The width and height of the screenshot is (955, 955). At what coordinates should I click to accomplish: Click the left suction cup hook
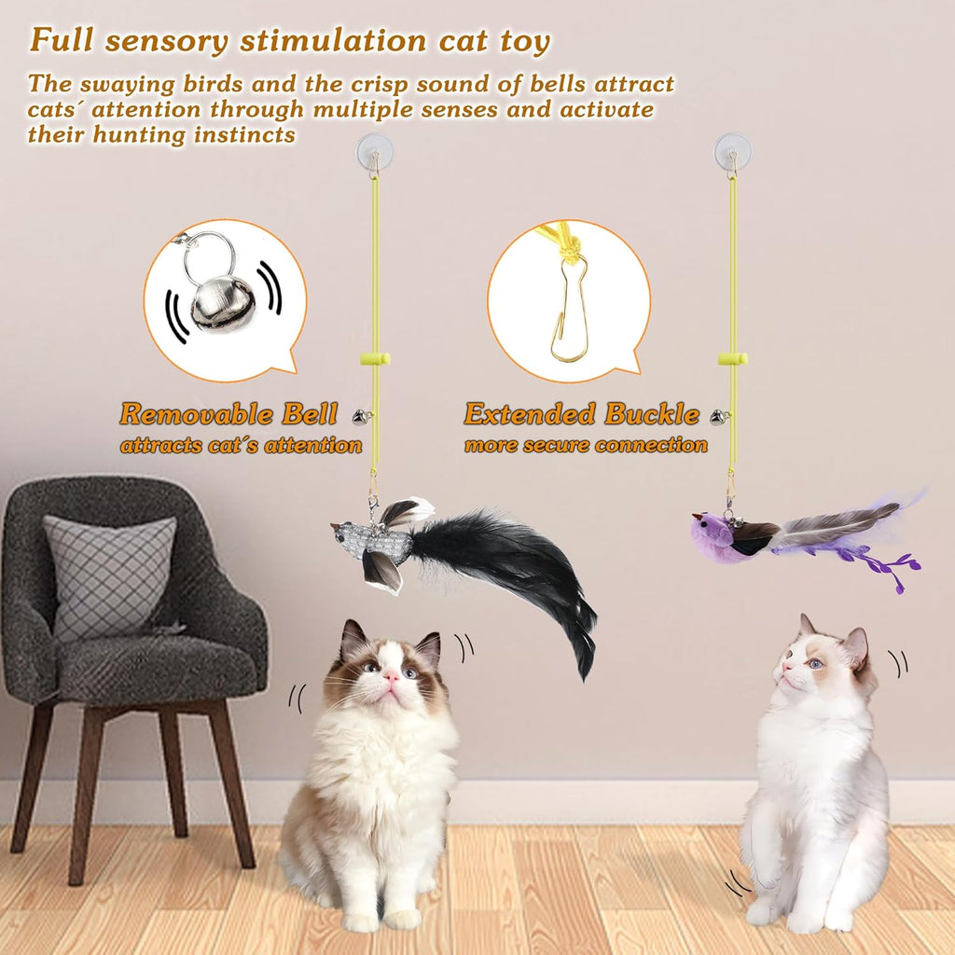pos(374,151)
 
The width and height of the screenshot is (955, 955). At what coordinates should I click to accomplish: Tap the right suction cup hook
pos(732,151)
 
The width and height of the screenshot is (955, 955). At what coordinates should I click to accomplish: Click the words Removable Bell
pos(240,414)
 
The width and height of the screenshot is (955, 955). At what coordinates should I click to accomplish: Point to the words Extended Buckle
pos(582,414)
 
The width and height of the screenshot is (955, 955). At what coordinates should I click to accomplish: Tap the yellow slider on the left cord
pos(375,358)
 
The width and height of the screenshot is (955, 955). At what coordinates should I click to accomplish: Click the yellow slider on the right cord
pos(732,358)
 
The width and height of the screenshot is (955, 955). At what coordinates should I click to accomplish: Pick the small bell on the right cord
pos(717,418)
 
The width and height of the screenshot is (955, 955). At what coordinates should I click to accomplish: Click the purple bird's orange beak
pos(696,515)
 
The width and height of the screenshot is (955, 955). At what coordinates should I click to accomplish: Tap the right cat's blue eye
pos(815,663)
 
